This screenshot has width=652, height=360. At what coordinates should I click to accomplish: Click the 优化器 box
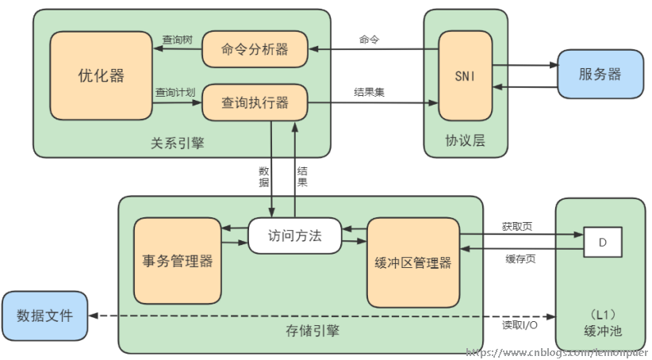pos(101,75)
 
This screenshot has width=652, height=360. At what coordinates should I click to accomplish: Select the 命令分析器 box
pos(255,49)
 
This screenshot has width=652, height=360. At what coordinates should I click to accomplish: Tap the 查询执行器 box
pos(255,102)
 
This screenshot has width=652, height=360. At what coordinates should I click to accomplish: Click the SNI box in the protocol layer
pos(465,76)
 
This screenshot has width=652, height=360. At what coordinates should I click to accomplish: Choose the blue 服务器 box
pos(600,75)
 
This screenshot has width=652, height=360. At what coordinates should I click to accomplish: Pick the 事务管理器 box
pos(177,261)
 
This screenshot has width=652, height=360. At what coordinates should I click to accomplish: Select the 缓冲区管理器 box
pos(412,262)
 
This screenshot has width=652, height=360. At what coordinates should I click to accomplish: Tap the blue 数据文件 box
pos(44,316)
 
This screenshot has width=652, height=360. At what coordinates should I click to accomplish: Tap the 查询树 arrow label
pos(177,39)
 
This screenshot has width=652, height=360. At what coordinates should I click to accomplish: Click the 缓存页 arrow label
pos(520,259)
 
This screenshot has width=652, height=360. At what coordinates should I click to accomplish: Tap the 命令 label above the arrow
pos(369,39)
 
